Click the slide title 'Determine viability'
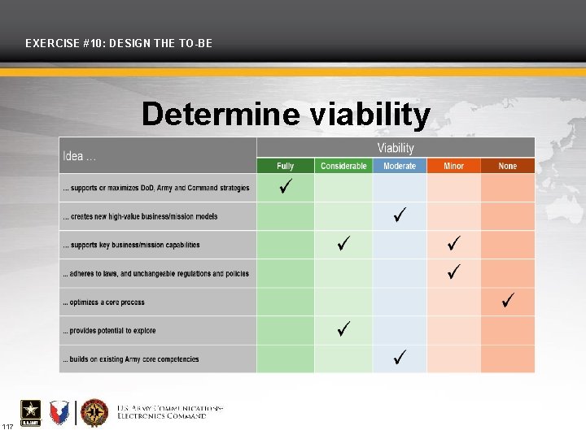[286, 115]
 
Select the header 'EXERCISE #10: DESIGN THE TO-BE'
[119, 42]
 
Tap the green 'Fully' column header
[285, 166]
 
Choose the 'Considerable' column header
[343, 166]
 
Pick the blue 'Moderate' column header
[400, 166]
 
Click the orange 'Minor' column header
[453, 166]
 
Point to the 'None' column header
[507, 166]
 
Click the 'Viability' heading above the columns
[396, 148]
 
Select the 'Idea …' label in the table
[80, 156]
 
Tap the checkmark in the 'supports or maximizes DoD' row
[286, 188]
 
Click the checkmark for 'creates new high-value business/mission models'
[400, 215]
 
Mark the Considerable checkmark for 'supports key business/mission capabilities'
[344, 244]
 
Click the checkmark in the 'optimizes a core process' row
[508, 300]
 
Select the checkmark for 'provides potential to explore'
[344, 328]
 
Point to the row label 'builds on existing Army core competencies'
[131, 359]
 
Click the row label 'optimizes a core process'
[104, 302]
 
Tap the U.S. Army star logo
[31, 413]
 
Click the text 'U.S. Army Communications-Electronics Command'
[169, 412]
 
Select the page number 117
[7, 427]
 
